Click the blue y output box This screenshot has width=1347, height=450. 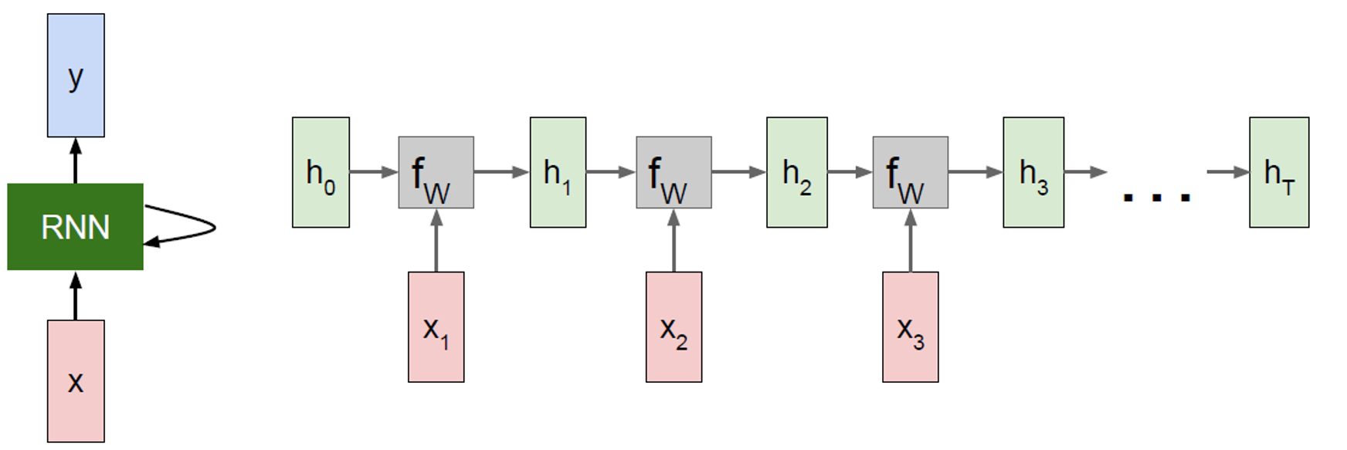[76, 75]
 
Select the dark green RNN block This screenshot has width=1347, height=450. [75, 227]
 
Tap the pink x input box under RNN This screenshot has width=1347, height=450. [76, 381]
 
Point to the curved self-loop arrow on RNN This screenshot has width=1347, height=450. [193, 227]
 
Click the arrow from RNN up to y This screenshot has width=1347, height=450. [76, 161]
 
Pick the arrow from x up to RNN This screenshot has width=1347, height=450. [76, 296]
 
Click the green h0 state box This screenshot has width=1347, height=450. [321, 172]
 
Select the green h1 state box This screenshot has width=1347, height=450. [558, 172]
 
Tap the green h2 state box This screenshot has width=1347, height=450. [796, 172]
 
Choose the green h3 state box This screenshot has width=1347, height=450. [1033, 172]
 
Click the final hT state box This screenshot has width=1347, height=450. [1279, 172]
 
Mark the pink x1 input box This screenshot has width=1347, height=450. [436, 327]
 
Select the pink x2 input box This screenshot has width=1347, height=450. [673, 327]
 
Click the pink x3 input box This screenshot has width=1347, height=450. [911, 327]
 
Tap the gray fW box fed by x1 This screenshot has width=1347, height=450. [436, 173]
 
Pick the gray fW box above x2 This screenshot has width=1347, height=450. [673, 173]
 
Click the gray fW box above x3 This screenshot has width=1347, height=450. [911, 173]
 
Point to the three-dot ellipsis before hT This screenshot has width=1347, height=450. [1156, 198]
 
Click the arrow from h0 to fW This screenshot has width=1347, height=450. [374, 172]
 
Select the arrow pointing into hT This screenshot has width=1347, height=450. [1228, 172]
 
